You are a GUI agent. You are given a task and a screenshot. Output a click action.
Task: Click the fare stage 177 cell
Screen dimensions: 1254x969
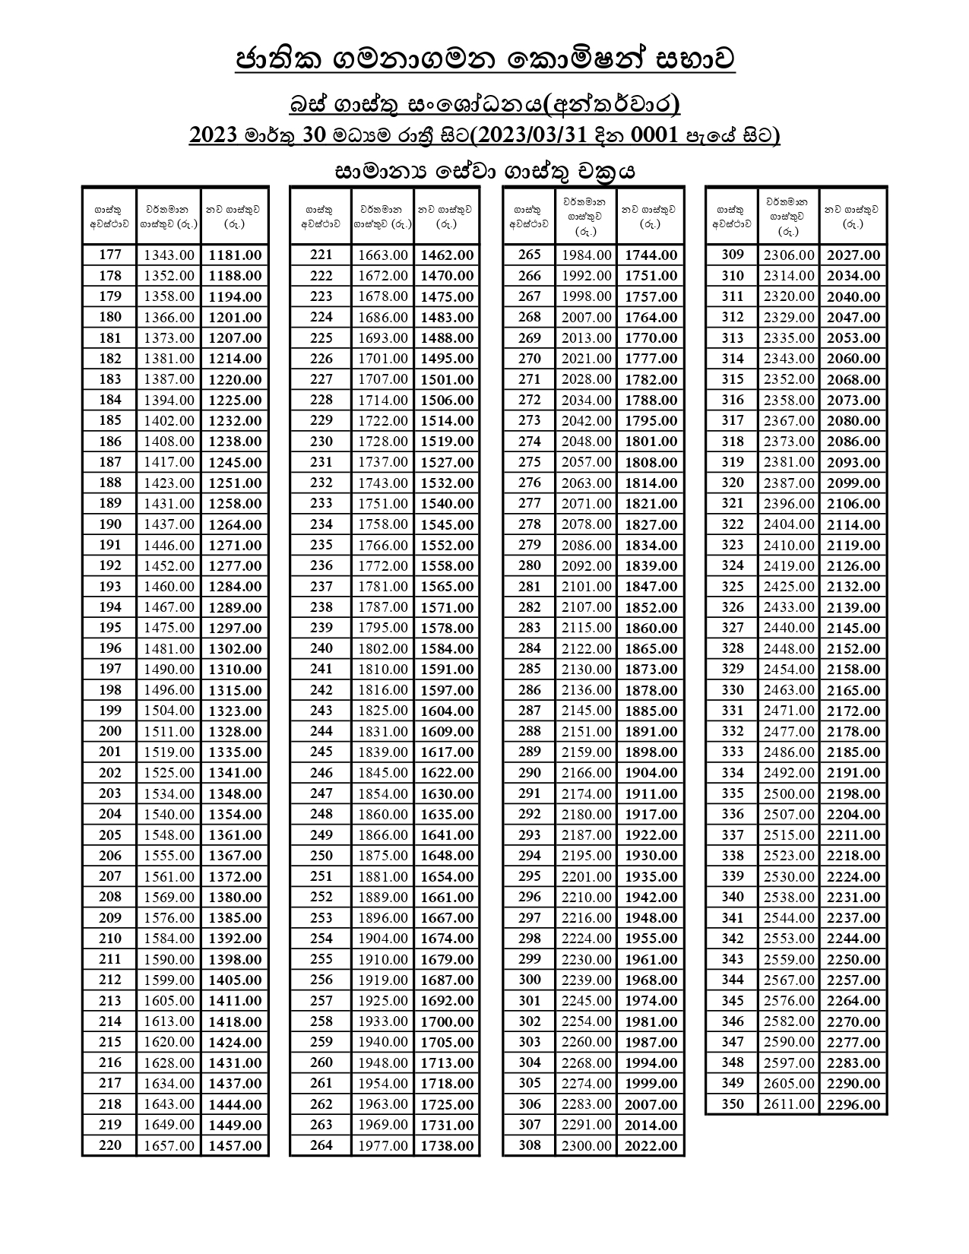[110, 255]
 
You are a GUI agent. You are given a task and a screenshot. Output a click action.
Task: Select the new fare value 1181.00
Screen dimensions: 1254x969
[235, 255]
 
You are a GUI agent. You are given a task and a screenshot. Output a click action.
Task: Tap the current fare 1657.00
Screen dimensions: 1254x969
[169, 1145]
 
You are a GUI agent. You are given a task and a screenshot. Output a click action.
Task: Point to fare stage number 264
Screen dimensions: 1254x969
[321, 1145]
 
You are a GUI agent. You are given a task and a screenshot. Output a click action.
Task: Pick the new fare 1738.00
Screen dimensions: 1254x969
[447, 1145]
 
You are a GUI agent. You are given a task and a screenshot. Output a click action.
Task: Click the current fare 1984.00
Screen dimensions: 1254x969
[586, 255]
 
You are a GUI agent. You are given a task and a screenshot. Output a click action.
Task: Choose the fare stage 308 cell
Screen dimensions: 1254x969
[530, 1145]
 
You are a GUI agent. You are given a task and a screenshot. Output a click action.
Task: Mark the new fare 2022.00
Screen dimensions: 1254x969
[651, 1145]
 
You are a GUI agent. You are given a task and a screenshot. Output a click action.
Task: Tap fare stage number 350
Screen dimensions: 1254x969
[733, 1104]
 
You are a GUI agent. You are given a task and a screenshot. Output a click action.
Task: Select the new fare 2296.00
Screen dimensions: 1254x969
[853, 1104]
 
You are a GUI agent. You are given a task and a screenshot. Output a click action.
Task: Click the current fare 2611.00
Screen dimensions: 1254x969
[789, 1104]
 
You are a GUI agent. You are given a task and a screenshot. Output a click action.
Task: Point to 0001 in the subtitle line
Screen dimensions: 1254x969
[655, 135]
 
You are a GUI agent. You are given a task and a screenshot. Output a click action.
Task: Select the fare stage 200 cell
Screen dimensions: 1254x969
[110, 731]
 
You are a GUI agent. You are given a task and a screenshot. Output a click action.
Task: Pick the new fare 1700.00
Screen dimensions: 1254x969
[447, 1021]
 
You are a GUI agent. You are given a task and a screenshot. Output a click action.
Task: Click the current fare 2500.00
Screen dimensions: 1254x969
[789, 793]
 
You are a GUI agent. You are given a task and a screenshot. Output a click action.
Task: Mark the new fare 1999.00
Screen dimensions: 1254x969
[651, 1083]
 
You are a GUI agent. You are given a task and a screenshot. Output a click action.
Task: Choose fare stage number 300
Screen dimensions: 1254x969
[530, 980]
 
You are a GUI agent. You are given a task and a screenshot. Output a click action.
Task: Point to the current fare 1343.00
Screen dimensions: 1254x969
[169, 255]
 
